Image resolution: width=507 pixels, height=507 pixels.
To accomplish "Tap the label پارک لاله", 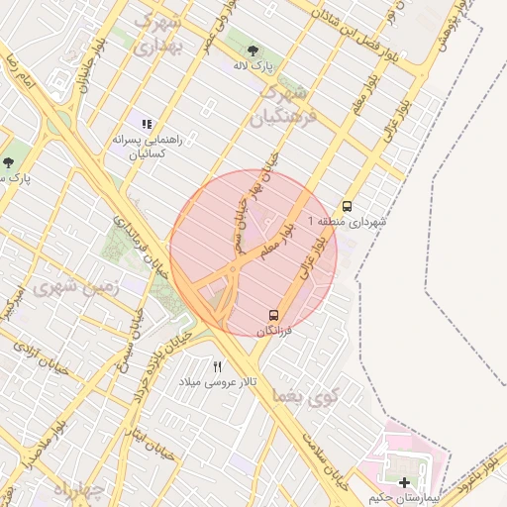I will coord(253,67).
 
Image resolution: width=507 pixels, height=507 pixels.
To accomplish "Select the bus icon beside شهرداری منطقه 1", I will coord(347,207).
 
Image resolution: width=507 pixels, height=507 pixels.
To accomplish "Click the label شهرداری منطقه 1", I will coord(347,223).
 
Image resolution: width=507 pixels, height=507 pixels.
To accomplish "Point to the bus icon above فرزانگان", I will coord(272,315).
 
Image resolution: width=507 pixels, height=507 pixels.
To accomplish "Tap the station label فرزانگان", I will coord(274,332).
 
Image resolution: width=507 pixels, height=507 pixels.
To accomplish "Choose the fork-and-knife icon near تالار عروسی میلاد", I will coord(218,366).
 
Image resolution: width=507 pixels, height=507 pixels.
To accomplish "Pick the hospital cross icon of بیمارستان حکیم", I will coord(404,482).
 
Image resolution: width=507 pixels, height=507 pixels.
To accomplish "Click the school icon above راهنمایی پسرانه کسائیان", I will coord(147,125).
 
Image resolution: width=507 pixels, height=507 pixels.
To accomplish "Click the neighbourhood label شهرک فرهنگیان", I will coord(285,106).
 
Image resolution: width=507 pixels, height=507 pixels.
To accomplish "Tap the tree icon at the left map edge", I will coord(8,162).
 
